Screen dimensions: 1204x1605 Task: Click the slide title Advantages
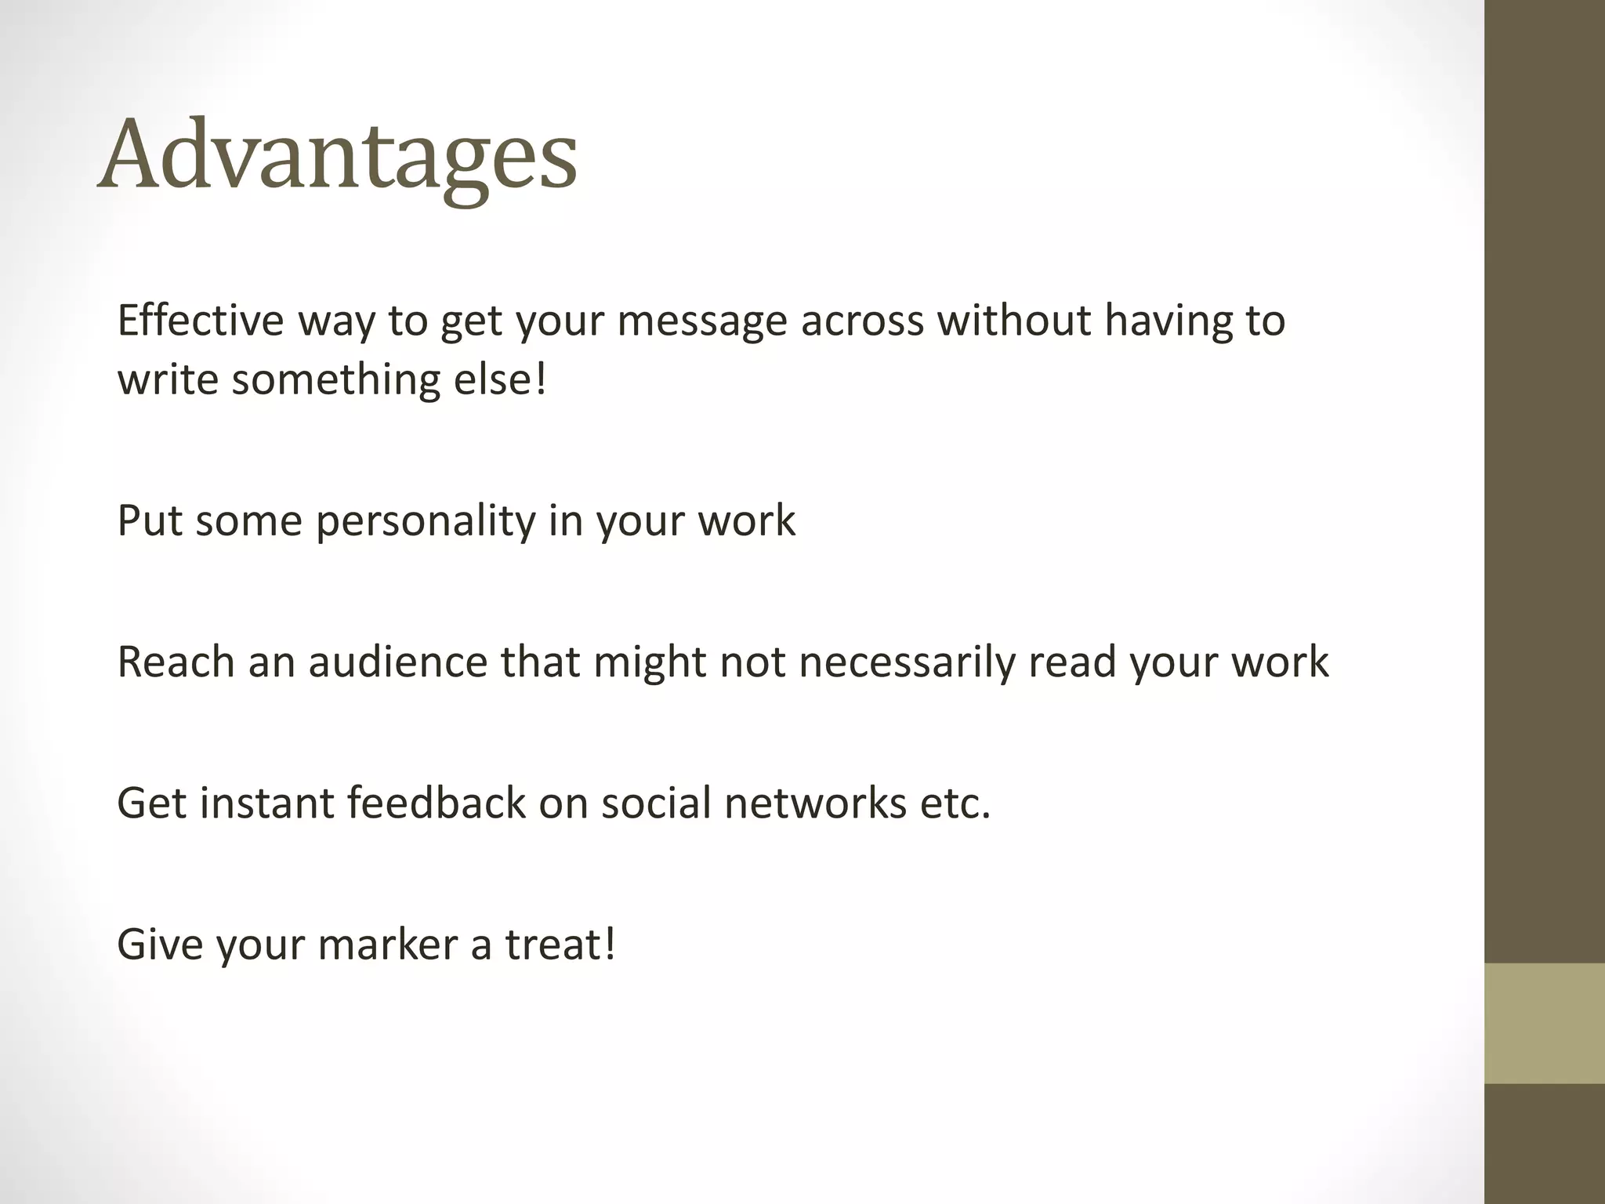point(337,154)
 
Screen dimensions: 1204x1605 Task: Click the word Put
point(150,520)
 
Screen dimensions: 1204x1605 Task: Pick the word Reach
point(176,662)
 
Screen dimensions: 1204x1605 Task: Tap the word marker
point(387,944)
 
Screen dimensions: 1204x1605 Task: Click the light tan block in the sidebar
point(1544,1023)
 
